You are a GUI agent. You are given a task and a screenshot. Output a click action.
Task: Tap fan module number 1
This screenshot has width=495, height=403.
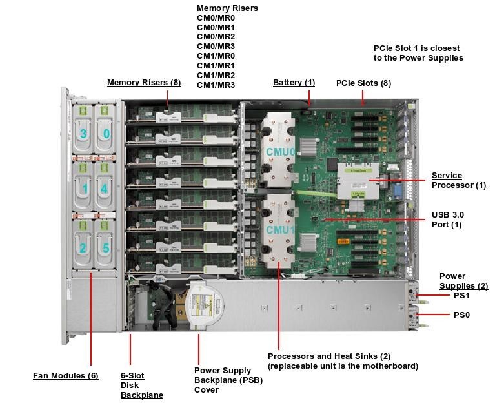(83, 189)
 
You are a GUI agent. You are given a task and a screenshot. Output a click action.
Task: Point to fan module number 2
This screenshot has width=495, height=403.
(83, 247)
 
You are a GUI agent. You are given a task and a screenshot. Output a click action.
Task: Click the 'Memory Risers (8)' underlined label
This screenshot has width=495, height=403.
(144, 83)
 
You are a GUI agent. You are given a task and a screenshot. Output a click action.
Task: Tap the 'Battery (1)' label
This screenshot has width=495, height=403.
(294, 83)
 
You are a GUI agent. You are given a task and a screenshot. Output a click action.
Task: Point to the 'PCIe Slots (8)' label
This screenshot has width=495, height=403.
(363, 83)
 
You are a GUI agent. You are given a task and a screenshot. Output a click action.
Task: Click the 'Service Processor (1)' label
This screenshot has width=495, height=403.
(458, 181)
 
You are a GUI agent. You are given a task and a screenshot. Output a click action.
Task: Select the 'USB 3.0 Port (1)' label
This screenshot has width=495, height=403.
(447, 220)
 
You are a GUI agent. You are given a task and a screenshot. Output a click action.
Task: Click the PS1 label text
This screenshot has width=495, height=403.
(461, 296)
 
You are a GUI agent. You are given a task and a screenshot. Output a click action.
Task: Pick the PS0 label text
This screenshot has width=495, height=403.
(461, 315)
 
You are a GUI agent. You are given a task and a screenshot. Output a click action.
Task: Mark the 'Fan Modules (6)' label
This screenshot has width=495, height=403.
(65, 375)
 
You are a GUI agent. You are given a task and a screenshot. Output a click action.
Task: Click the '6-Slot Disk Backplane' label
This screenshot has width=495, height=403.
(141, 385)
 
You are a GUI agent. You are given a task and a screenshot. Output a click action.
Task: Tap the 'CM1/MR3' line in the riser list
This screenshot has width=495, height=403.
(216, 85)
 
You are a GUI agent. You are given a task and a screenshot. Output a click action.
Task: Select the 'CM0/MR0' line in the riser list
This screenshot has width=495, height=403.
(216, 18)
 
